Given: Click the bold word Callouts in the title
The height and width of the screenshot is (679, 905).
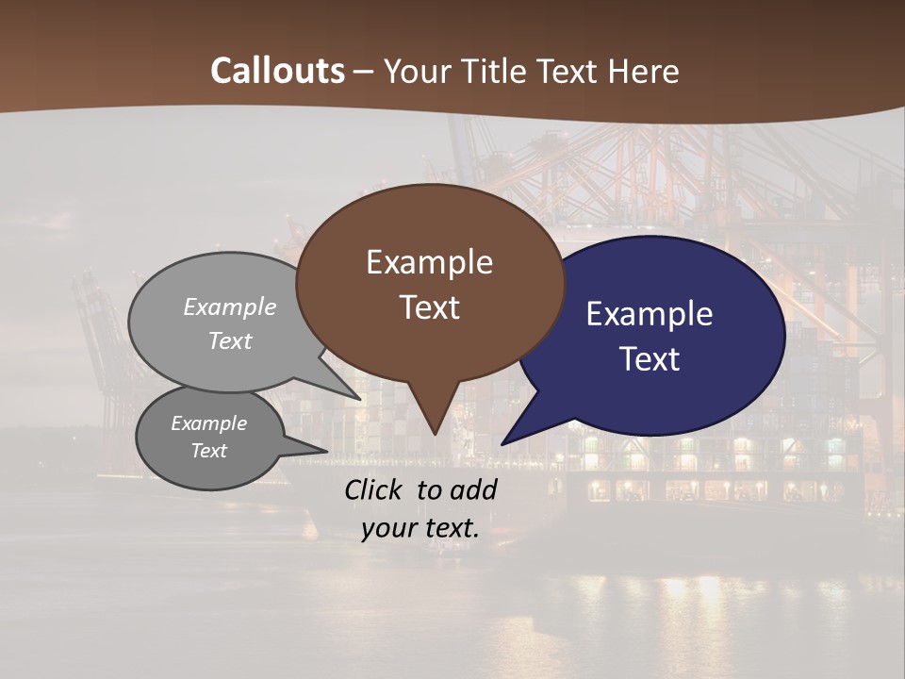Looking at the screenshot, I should click(x=277, y=71).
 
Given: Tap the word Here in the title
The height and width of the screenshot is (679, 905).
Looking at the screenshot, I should click(x=643, y=71).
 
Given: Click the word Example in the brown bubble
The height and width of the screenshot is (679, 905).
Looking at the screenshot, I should click(x=429, y=262).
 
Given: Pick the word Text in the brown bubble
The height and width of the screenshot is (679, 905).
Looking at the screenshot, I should click(x=429, y=307).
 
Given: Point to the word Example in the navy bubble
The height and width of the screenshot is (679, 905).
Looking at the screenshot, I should click(x=649, y=314).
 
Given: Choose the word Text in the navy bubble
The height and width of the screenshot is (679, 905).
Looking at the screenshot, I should click(x=650, y=359).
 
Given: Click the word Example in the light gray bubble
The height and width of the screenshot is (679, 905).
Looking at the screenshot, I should click(x=230, y=307).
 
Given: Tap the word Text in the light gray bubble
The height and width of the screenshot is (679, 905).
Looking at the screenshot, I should click(x=230, y=341).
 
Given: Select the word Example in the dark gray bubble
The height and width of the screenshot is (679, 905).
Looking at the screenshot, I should click(x=209, y=423).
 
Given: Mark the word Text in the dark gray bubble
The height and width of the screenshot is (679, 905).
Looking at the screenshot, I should click(x=209, y=451).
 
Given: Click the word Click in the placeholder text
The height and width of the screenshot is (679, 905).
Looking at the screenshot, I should click(x=374, y=489).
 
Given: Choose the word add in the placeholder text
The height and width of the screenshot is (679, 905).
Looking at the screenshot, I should click(x=476, y=489).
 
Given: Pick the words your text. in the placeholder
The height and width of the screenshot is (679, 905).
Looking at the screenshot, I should click(x=420, y=528).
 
